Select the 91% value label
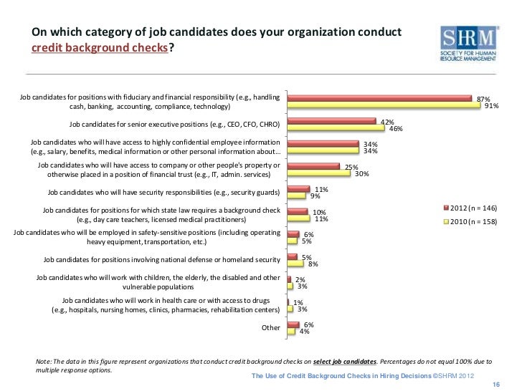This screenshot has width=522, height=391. coord(492,107)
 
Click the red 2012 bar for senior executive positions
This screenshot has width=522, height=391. coord(331,122)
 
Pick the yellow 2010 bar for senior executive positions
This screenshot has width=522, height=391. coord(335,128)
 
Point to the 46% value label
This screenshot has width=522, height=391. coord(395,129)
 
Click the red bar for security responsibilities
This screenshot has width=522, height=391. coord(298,190)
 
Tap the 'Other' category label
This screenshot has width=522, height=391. coord(271,328)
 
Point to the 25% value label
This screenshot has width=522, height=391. coord(351,168)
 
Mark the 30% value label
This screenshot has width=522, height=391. coord(362,174)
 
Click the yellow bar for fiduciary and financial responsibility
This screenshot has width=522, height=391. coord(384,106)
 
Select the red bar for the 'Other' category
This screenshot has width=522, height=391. coord(293,324)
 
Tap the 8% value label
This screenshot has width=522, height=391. coord(313,264)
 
